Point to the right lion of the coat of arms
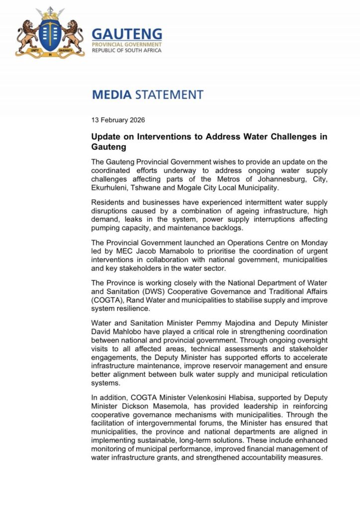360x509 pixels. point(73,35)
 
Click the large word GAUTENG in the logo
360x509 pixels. point(127,34)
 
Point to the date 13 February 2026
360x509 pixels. point(118,120)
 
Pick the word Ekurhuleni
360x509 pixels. point(112,189)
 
